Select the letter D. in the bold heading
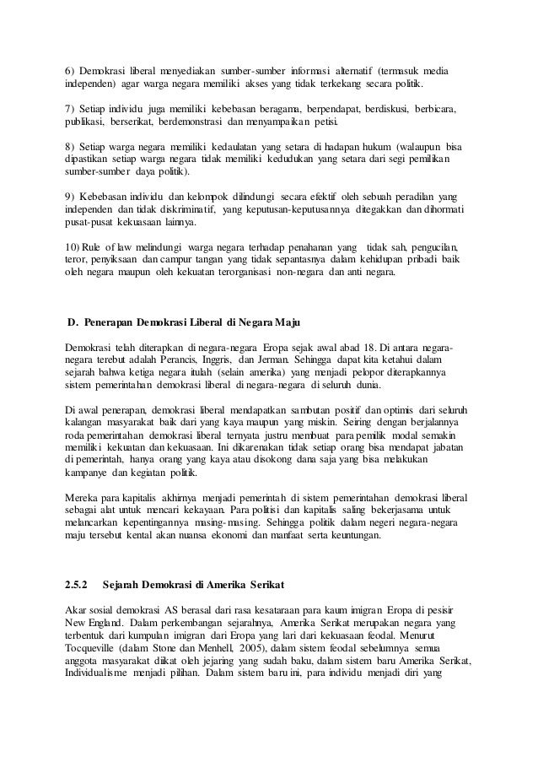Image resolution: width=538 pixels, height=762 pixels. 72,323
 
